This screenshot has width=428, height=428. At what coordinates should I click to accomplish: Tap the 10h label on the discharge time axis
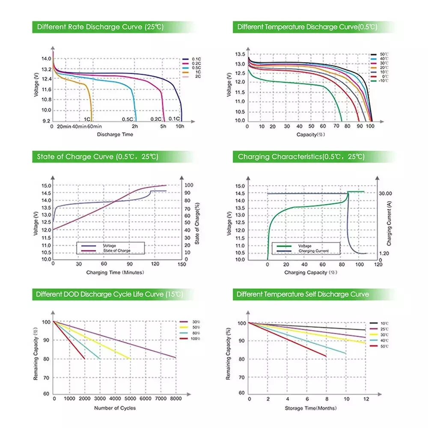point(180,127)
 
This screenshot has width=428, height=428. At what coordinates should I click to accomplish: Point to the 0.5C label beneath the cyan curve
point(128,119)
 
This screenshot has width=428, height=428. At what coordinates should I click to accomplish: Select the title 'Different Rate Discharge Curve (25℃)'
point(100,27)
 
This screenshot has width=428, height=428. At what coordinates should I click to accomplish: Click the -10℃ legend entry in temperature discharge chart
point(382,81)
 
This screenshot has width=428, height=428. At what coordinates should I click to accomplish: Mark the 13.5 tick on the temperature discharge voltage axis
point(240,54)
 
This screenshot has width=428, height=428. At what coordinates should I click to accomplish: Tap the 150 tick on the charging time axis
point(181,265)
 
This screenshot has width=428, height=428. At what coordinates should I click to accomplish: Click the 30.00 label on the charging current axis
point(385,193)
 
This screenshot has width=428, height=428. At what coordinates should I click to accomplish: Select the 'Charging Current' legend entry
point(314,251)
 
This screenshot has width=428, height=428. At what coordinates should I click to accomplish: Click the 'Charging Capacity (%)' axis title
point(312,272)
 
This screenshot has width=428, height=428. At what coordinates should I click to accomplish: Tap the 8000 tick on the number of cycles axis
point(175,398)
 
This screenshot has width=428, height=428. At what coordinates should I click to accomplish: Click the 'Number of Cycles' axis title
point(115,408)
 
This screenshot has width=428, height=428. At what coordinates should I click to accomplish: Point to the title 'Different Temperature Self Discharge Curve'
point(303,294)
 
